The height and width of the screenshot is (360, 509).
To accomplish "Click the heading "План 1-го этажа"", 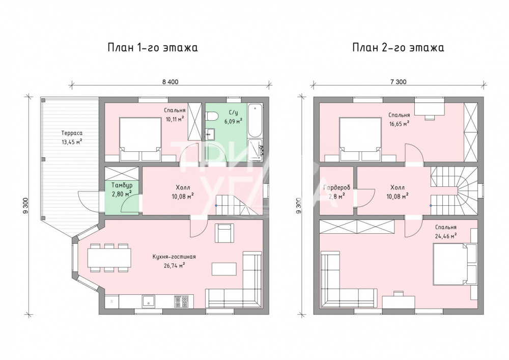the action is [153, 48].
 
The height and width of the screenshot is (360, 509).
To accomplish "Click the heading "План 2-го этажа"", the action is [399, 48].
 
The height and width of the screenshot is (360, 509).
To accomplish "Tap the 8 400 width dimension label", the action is [171, 82].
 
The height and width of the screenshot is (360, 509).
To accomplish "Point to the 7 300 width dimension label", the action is [399, 82].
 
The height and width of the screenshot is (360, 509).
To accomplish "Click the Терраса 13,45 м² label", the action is [72, 137].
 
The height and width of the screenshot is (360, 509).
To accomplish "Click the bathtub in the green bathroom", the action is [254, 121].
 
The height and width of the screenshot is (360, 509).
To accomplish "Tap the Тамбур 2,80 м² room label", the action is [122, 189].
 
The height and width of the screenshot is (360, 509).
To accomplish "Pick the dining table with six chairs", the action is [109, 258].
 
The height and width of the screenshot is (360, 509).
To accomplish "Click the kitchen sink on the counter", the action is [148, 301].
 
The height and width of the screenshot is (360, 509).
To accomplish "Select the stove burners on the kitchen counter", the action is [182, 301].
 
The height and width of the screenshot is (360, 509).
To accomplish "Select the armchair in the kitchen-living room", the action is [224, 233].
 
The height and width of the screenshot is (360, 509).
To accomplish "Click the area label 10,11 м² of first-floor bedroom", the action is [175, 119].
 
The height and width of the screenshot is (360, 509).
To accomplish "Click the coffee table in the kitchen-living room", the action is [224, 269].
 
